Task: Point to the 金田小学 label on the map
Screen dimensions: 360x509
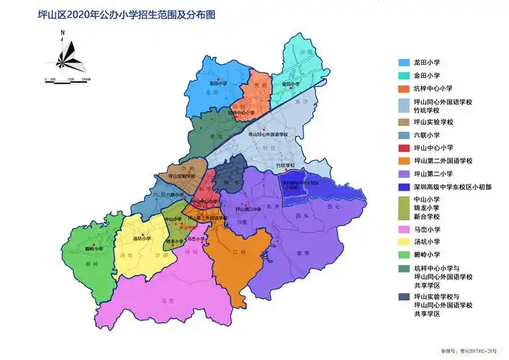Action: [291, 84]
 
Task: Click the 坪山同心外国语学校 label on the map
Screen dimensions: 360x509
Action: [267, 134]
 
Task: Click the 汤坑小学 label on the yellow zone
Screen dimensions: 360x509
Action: [144, 238]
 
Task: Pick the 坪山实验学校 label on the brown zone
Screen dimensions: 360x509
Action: [182, 175]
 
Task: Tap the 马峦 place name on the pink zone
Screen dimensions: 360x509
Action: [167, 302]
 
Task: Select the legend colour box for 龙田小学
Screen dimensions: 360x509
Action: [405, 63]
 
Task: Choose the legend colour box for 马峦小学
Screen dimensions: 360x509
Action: [405, 228]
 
